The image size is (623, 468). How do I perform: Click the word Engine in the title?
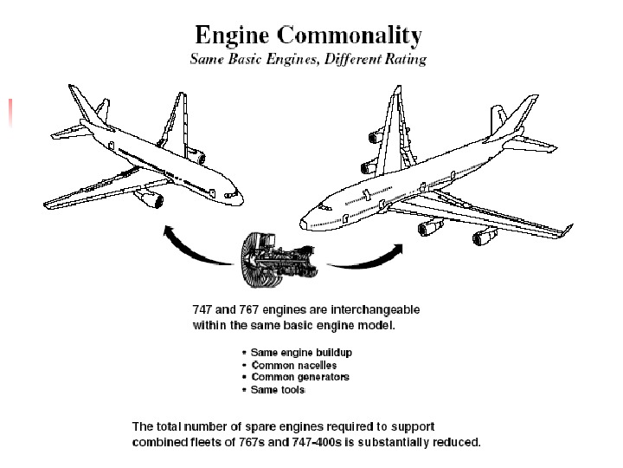(x=229, y=36)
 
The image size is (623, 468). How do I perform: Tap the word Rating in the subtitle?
(x=404, y=60)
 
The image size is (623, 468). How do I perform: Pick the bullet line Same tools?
(x=278, y=389)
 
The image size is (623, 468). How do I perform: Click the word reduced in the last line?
(x=457, y=441)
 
